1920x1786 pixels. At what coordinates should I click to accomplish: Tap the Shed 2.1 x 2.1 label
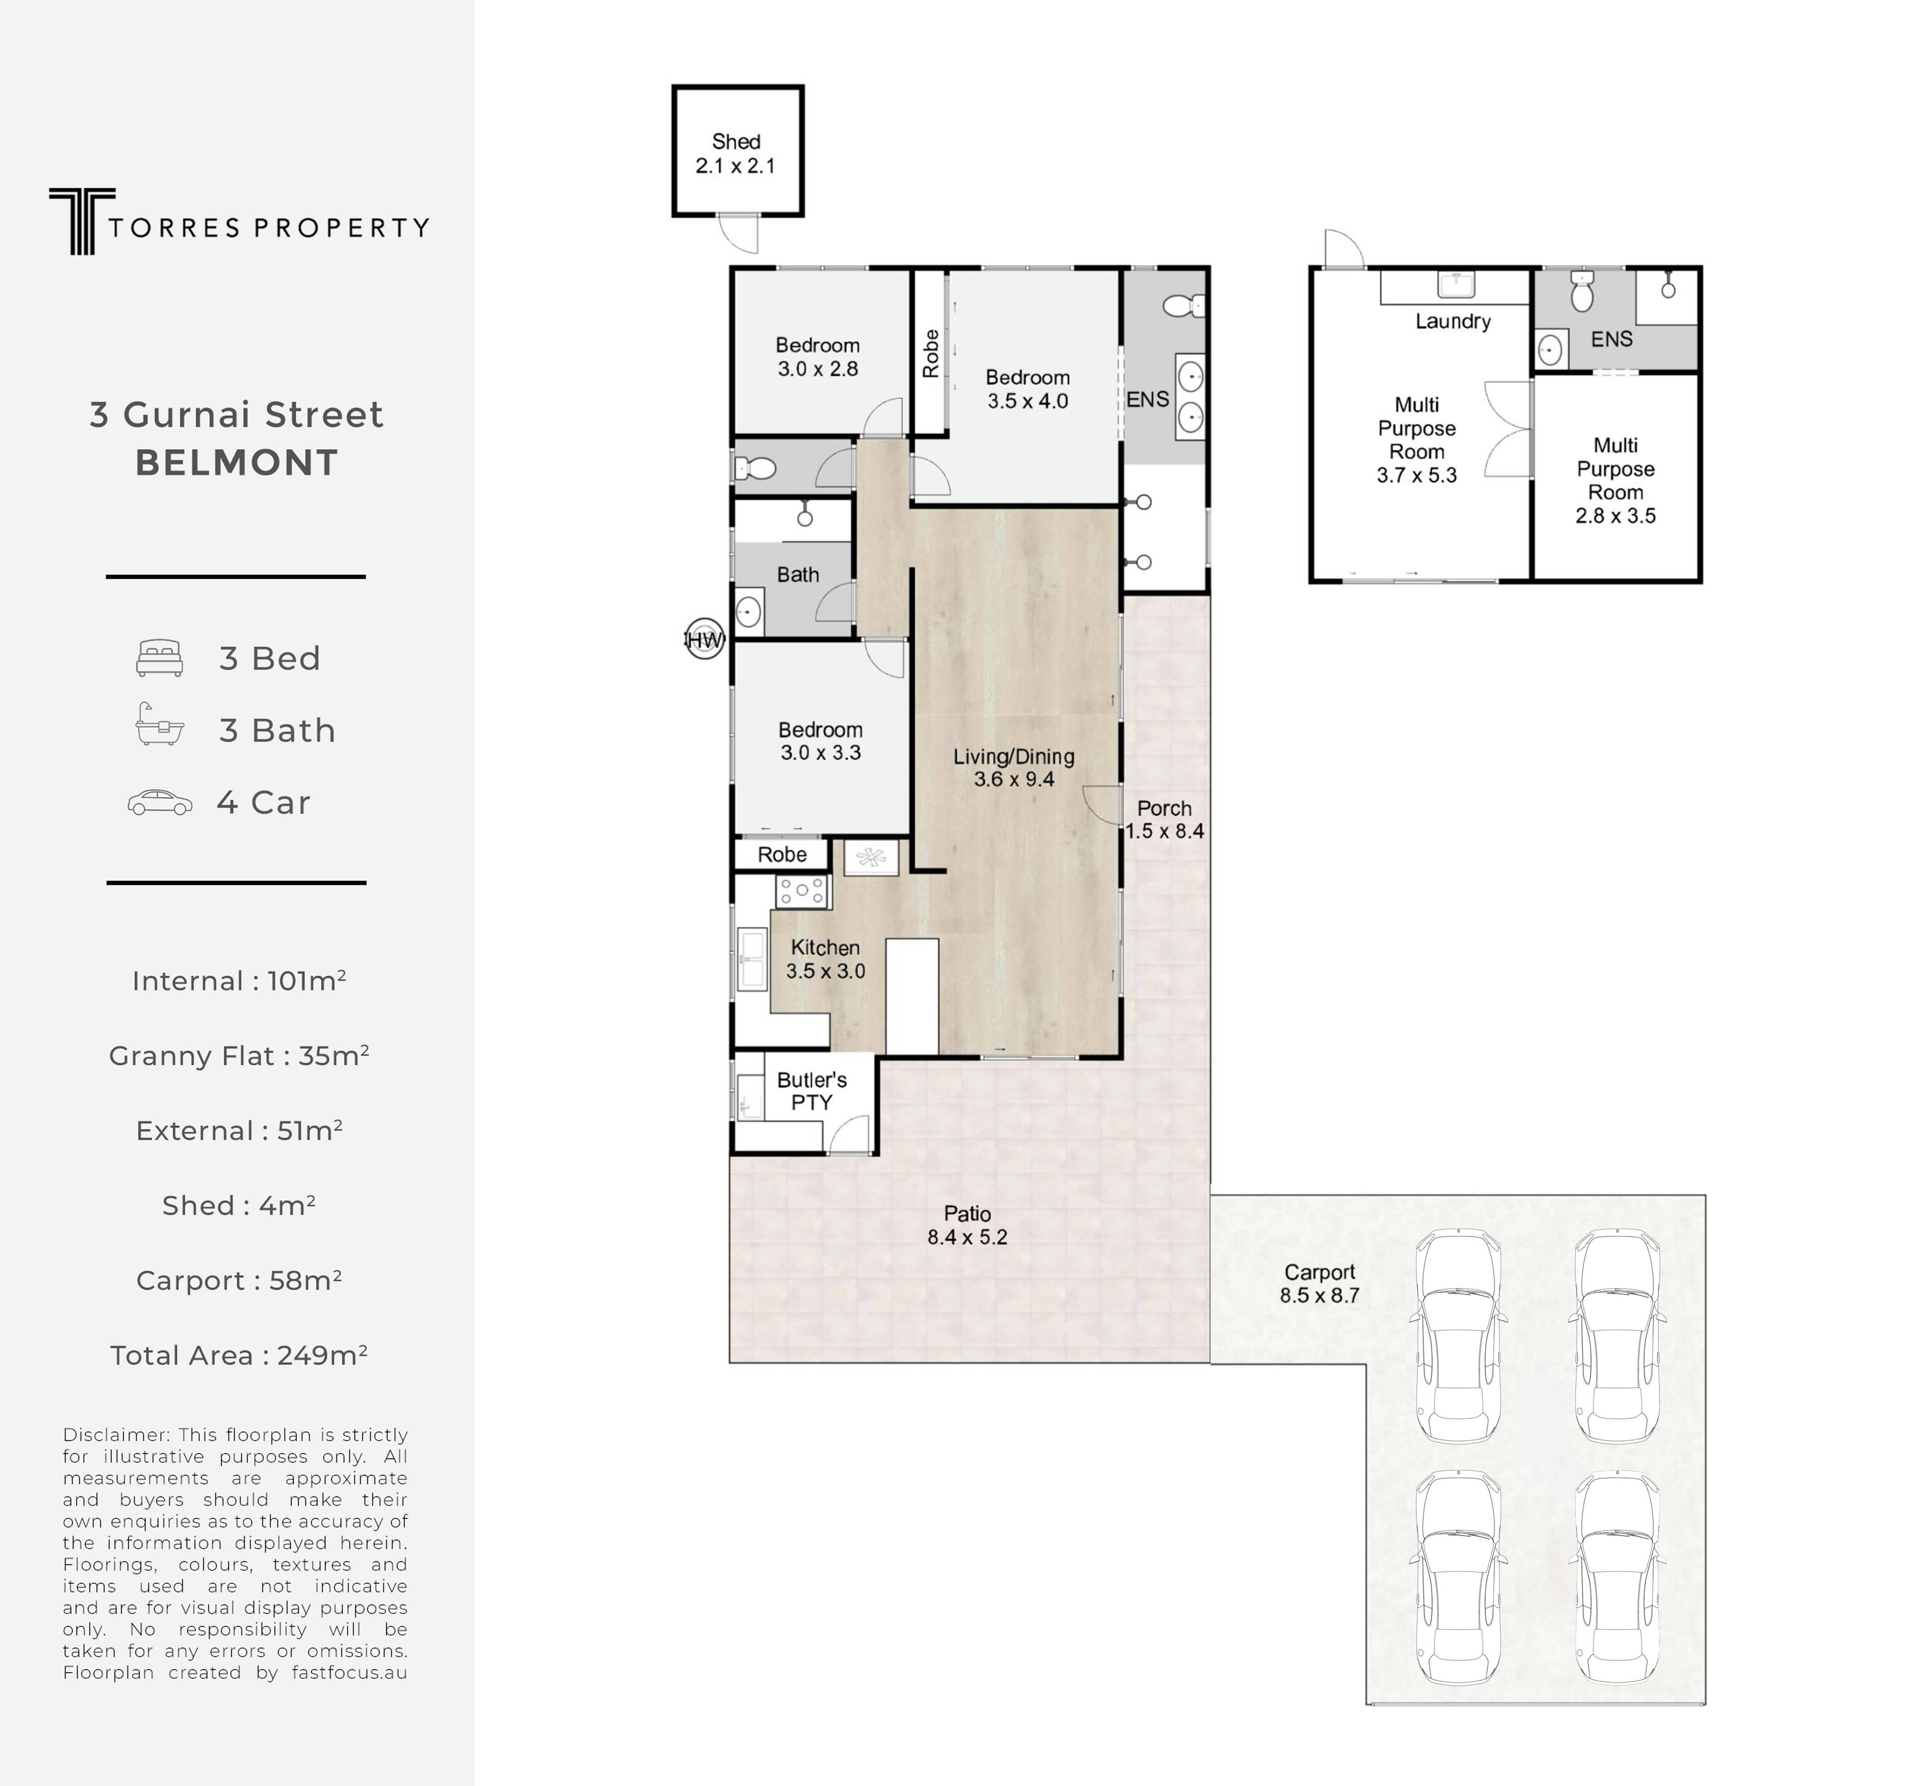(x=736, y=154)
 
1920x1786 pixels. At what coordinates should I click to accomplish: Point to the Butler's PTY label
(x=811, y=1090)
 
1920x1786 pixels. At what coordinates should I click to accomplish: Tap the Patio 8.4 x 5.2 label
(x=967, y=1225)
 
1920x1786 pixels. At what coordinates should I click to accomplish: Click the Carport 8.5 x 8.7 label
(x=1319, y=1284)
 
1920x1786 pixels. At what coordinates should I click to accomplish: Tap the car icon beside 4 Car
(x=159, y=803)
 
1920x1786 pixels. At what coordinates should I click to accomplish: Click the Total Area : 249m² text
(x=238, y=1355)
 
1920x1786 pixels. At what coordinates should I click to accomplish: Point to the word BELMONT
(x=237, y=463)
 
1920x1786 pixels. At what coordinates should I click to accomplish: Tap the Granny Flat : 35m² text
(x=238, y=1056)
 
